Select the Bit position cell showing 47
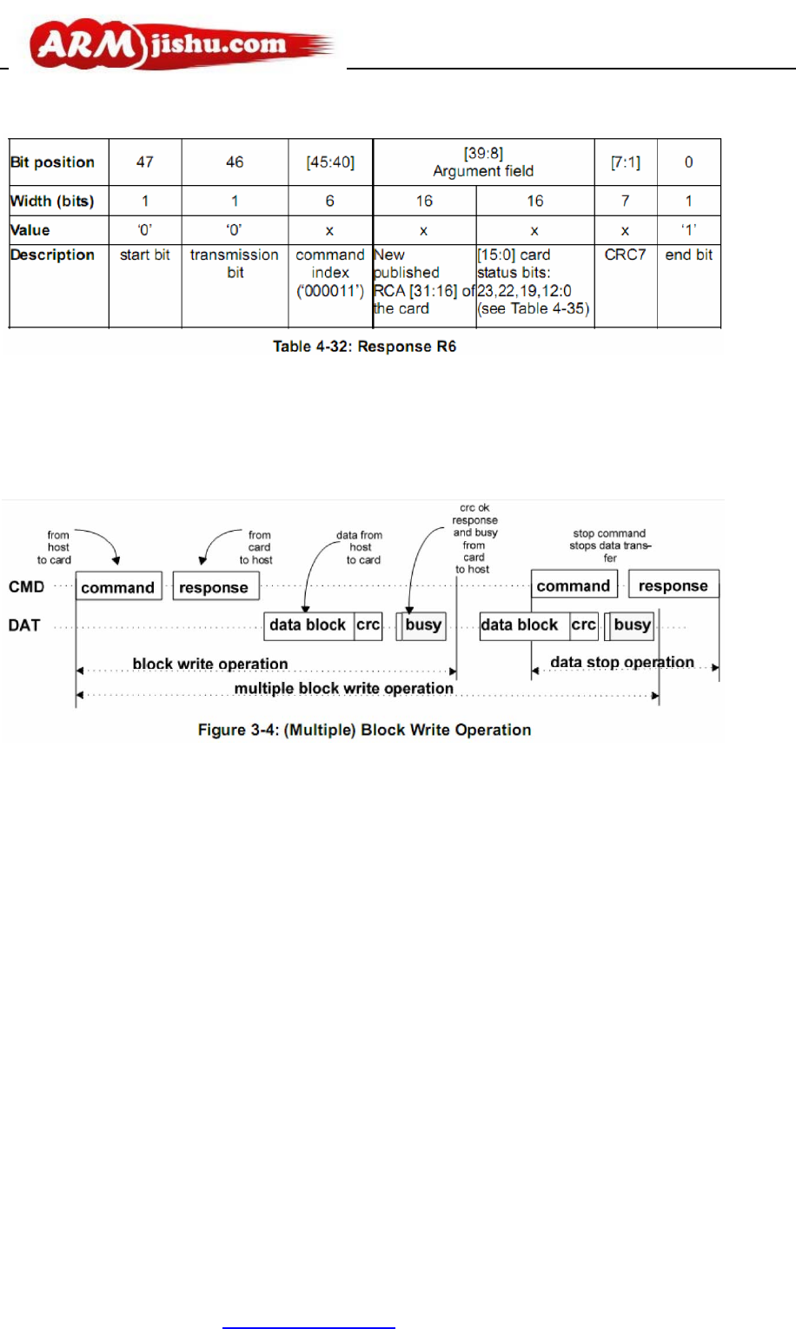[x=145, y=162]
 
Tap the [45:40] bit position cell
[x=330, y=162]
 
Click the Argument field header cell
[x=483, y=162]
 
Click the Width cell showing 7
[x=625, y=202]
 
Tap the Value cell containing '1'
[x=688, y=230]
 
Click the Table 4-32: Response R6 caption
[x=364, y=347]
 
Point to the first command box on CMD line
[x=118, y=587]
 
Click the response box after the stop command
[x=673, y=586]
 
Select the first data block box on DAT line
[x=308, y=625]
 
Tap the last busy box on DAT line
[x=632, y=625]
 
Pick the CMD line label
[x=26, y=587]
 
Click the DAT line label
[x=24, y=625]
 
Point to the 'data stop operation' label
[x=622, y=663]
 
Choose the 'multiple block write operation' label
[x=344, y=689]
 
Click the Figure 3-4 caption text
[x=364, y=731]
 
